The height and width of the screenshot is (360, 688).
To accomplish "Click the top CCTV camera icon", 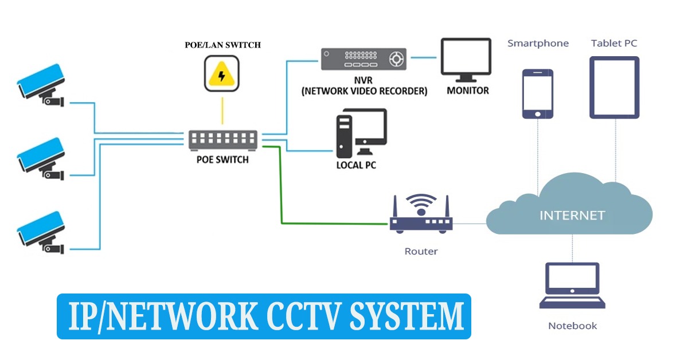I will point(41,86).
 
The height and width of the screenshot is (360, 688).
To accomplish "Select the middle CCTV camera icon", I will point(41,158).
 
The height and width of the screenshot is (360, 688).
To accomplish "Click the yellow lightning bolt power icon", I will point(222,76).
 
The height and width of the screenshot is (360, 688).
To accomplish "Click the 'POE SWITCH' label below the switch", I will point(222,159).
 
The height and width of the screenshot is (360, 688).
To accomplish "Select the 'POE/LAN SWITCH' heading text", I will point(222,45).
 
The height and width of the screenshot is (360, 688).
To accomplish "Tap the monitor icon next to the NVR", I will point(466,58).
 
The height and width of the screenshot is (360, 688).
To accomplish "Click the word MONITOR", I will point(468,91).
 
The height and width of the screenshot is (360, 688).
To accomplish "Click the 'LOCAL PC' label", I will point(356,165).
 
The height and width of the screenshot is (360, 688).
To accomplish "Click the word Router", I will point(421,251).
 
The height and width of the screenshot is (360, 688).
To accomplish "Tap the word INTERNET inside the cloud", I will point(572,216).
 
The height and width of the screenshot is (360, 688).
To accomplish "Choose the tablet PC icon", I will point(615,87).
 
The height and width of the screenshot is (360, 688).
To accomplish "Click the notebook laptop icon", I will point(572,287).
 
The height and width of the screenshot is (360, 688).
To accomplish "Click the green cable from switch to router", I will point(281,189).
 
